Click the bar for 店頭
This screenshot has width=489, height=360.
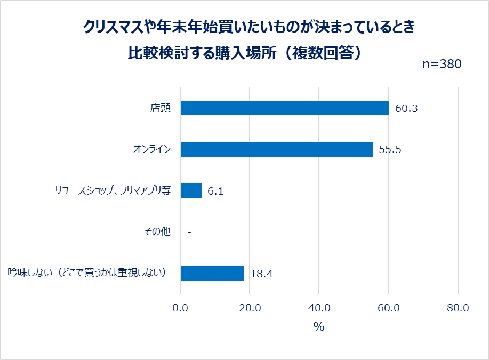285,108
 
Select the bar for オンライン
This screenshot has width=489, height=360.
276,149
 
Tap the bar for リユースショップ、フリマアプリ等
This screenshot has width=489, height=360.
191,190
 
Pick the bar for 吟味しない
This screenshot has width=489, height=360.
212,273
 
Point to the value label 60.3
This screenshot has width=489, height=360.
406,109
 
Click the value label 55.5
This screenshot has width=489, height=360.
390,150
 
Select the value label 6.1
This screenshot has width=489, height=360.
215,191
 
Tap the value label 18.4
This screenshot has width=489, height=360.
261,274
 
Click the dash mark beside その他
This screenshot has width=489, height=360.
189,233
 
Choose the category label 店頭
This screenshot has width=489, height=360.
160,108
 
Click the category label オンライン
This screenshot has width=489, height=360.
152,149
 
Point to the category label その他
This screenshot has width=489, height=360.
157,232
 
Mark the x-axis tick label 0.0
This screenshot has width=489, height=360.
181,308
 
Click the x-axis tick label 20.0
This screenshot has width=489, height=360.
250,308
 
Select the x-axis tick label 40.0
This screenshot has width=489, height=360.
319,308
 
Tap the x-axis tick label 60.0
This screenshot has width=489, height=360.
389,308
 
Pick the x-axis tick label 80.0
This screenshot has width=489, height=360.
458,308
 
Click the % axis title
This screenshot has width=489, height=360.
319,327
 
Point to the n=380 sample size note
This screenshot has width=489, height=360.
442,65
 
